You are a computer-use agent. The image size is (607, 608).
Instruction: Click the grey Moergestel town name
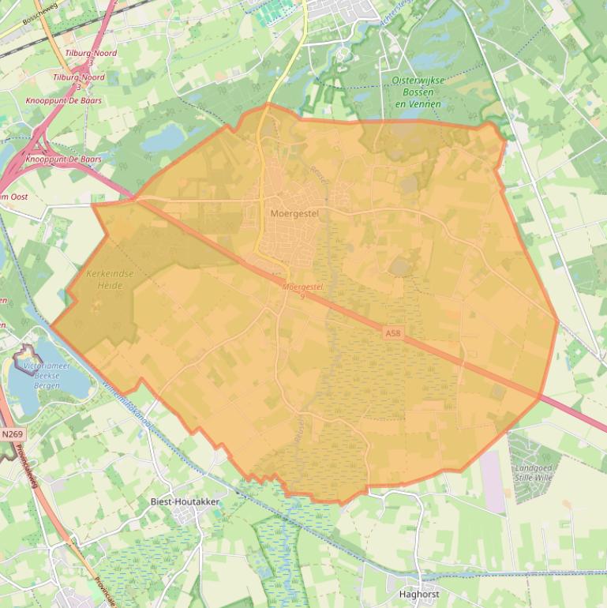(294, 213)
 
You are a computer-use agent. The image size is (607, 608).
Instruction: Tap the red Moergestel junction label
(302, 287)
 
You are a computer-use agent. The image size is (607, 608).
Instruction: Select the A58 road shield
(393, 334)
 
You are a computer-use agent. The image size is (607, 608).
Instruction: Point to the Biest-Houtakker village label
(185, 501)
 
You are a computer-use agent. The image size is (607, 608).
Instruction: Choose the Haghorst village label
(419, 594)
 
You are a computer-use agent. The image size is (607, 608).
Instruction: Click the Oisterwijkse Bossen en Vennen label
(418, 92)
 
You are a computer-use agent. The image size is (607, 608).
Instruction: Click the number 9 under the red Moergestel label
(302, 296)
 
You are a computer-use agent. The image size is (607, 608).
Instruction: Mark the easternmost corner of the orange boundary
(558, 321)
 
